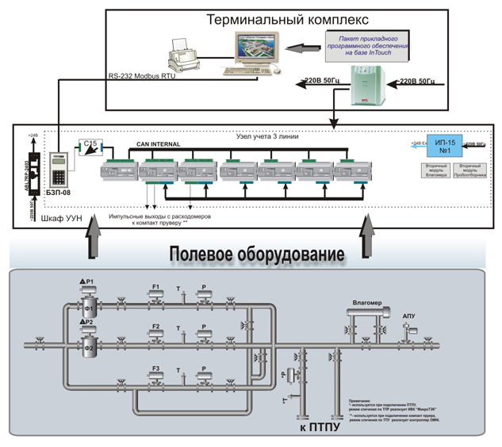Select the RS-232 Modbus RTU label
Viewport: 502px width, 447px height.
pos(141,77)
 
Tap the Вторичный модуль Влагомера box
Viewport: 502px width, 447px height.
pos(437,171)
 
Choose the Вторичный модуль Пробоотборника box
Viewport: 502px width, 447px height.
pos(469,171)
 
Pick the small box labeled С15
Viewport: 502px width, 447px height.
pos(90,145)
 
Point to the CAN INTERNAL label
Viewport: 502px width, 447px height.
pos(158,144)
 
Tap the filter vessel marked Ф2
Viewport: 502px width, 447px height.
pos(89,345)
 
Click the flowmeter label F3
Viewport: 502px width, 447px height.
pos(156,367)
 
